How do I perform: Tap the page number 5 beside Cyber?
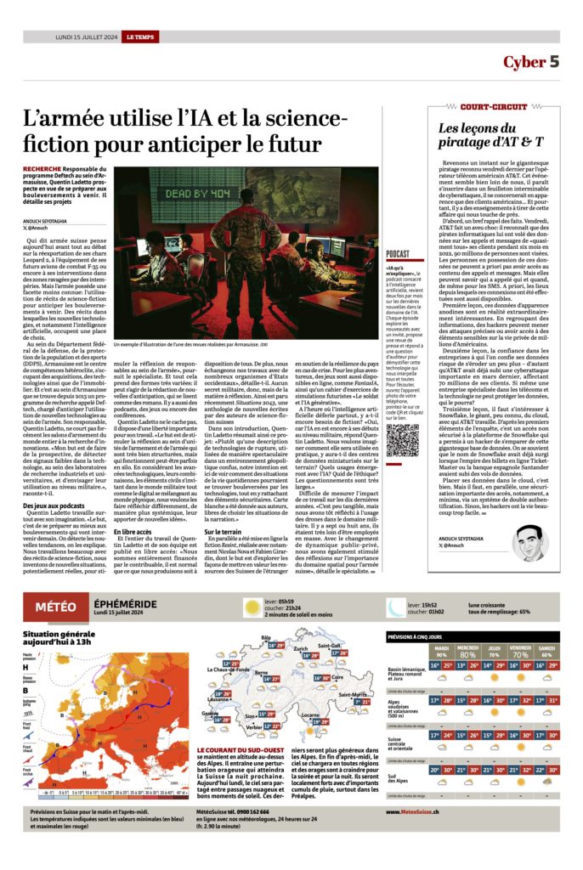coord(553,62)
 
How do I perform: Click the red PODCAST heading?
coord(398,254)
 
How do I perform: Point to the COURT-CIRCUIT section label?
coord(492,106)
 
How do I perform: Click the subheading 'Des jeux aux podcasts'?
coord(54,505)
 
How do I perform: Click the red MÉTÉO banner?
coord(59,607)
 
